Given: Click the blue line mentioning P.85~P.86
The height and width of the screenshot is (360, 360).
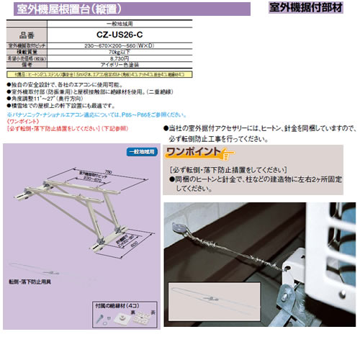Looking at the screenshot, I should point(79,113).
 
